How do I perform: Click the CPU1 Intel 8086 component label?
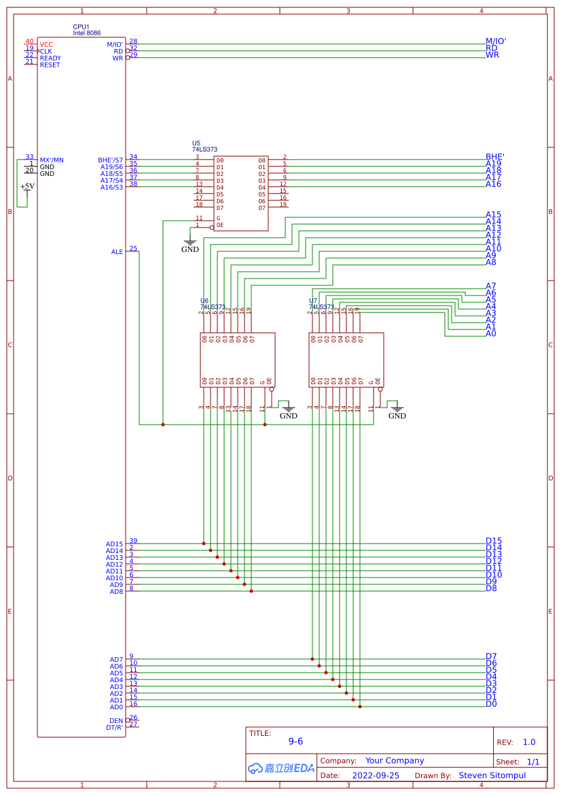point(88,29)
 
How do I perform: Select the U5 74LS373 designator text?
point(204,146)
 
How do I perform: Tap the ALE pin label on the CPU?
point(117,252)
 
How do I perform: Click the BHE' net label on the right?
point(494,157)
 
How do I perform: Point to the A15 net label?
point(493,215)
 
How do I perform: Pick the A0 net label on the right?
point(490,334)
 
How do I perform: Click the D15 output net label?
point(493,541)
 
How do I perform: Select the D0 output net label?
point(490,704)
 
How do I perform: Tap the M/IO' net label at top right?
point(496,41)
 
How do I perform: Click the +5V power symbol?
point(27,187)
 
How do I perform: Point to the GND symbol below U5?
point(190,245)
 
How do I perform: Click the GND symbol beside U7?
point(397,412)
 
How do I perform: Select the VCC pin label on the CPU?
point(46,44)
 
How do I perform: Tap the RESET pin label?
point(50,65)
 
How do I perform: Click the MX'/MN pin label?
point(52,160)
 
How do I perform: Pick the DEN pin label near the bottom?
point(116,721)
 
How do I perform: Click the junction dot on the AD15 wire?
point(204,544)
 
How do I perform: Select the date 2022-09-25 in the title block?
point(376,775)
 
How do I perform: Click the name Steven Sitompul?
point(492,775)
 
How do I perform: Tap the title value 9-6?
point(295,742)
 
